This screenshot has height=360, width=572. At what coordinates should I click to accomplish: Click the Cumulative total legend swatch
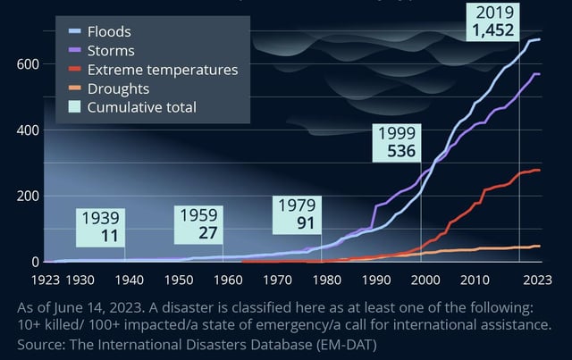[74, 108]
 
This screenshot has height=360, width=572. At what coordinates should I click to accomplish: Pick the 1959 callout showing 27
[198, 224]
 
